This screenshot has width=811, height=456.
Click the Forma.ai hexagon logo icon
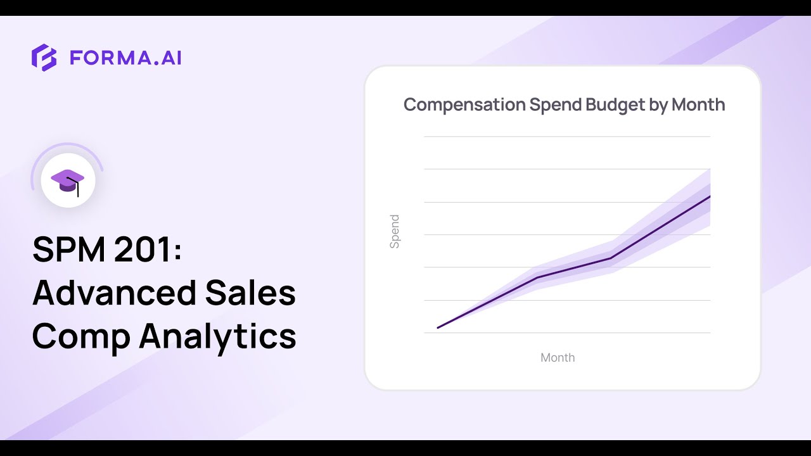click(x=44, y=58)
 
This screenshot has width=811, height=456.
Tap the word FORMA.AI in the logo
click(x=125, y=58)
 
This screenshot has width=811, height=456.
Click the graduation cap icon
click(x=67, y=180)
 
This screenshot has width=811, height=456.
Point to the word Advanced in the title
click(x=114, y=293)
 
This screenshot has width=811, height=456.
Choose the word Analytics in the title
click(x=218, y=336)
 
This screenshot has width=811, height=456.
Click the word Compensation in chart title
click(x=464, y=104)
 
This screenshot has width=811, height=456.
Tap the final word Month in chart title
click(x=698, y=104)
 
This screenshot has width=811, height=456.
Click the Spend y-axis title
click(x=395, y=231)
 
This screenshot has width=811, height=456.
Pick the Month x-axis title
click(x=558, y=358)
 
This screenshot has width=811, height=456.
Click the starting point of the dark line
click(x=438, y=327)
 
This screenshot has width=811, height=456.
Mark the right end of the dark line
click(x=710, y=196)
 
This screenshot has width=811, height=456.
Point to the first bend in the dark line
click(x=537, y=277)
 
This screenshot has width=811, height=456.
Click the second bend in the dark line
click(x=611, y=258)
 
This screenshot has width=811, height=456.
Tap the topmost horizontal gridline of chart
click(x=567, y=136)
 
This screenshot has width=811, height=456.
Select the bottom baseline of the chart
click(x=567, y=332)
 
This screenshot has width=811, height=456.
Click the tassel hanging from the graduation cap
click(x=78, y=190)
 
